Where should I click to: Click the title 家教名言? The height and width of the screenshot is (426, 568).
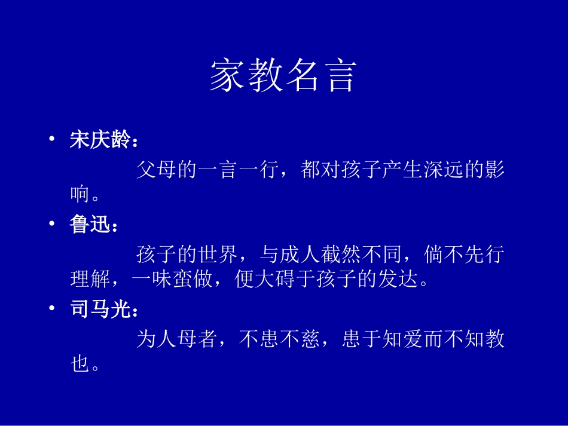coord(283,76)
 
